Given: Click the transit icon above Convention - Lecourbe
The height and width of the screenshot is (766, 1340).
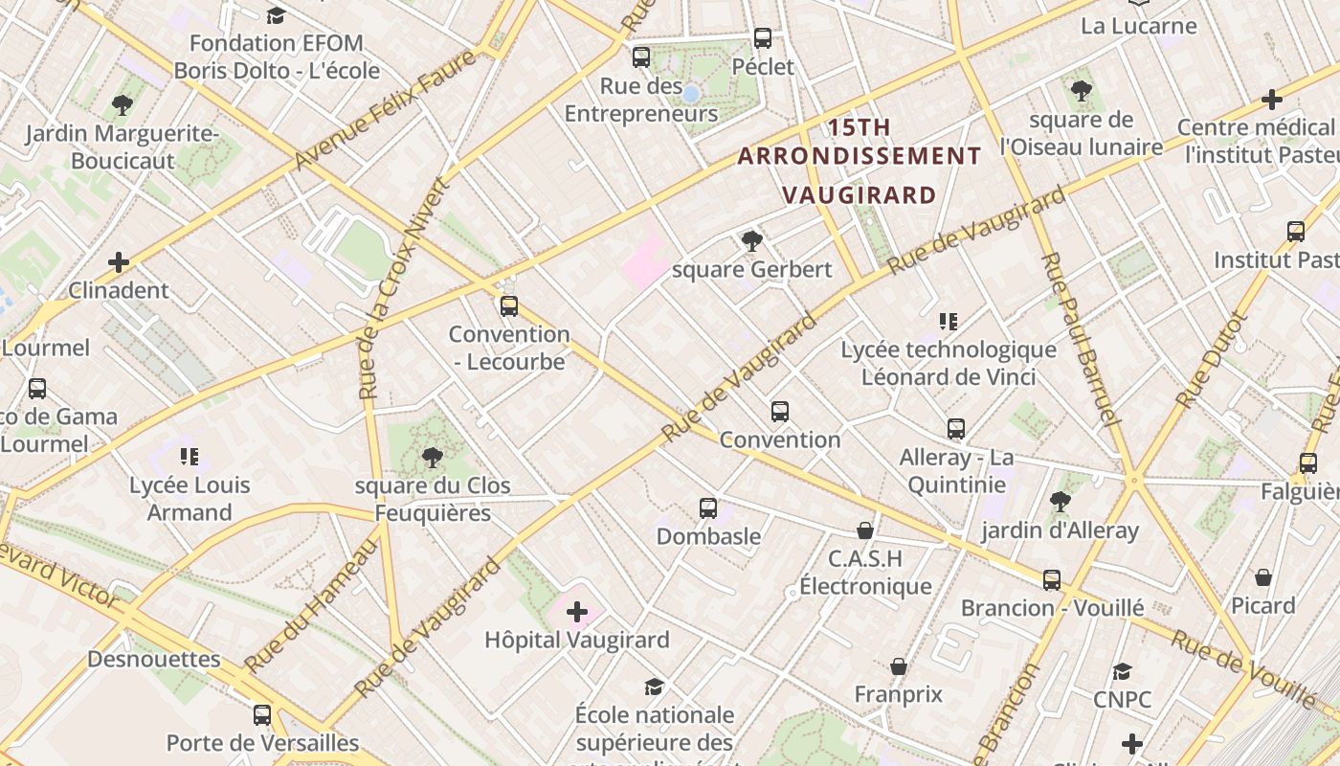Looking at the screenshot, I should (x=509, y=306).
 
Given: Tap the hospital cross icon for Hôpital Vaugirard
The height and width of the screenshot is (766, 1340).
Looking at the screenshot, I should (x=577, y=611).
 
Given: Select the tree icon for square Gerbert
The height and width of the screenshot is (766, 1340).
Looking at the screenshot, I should (x=752, y=240).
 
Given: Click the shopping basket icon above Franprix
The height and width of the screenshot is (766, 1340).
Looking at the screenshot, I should (x=899, y=666).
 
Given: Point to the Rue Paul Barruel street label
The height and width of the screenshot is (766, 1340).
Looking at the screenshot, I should (x=1080, y=340).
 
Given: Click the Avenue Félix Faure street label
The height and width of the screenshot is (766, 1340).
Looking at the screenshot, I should (x=385, y=112).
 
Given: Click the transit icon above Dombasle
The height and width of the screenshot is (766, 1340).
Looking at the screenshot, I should (x=708, y=507).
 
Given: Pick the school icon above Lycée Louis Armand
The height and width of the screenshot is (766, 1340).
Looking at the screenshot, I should (x=190, y=456).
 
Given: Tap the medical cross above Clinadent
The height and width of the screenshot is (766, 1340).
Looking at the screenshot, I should (x=119, y=261).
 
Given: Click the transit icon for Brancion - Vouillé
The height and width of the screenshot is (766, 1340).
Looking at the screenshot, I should (x=1052, y=579).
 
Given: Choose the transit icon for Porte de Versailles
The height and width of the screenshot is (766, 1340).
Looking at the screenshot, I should (x=262, y=714).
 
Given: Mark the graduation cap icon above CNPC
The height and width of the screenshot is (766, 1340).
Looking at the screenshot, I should (x=1122, y=671).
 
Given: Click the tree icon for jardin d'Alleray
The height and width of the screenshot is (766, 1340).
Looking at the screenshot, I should (x=1060, y=501).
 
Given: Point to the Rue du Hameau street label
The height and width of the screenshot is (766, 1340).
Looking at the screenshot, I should (x=312, y=605).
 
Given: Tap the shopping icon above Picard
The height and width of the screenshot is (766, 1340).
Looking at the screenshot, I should (x=1263, y=577).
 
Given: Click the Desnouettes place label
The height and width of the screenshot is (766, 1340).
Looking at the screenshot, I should (x=154, y=659).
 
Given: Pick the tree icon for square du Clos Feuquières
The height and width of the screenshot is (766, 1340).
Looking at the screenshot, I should (x=433, y=457).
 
